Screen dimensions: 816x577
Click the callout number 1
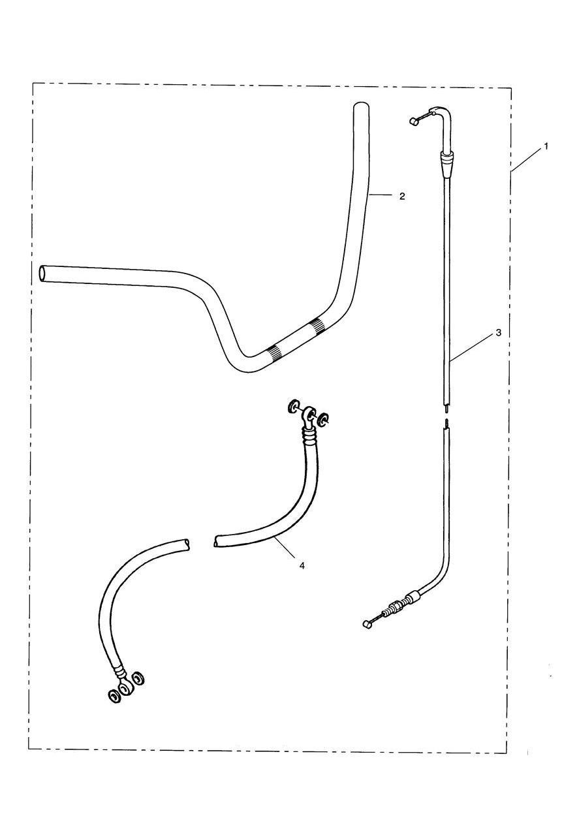pos(546,147)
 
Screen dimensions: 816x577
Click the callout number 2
pos(402,196)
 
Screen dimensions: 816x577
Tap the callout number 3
pos(498,332)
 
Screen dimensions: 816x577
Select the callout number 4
pos(302,565)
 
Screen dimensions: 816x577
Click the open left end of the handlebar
pos(44,274)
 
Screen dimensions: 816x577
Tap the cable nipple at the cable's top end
pos(413,121)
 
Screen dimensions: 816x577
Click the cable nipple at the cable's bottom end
pos(367,625)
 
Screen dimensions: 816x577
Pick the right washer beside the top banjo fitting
pos(324,419)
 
